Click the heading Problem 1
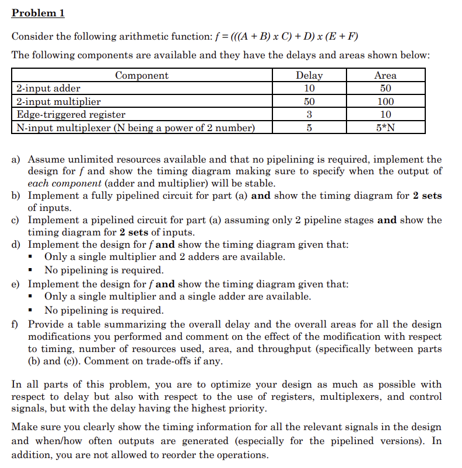[x=38, y=13]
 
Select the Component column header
[x=141, y=75]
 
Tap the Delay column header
[x=309, y=75]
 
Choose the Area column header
[x=385, y=75]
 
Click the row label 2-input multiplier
[x=58, y=101]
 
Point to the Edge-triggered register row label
[x=71, y=114]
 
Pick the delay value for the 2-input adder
[x=309, y=89]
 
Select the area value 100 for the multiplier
[x=385, y=101]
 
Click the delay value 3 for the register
[x=309, y=114]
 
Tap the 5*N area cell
[x=385, y=128]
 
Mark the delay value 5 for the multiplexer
[x=309, y=128]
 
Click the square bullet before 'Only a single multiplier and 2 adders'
[x=36, y=257]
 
